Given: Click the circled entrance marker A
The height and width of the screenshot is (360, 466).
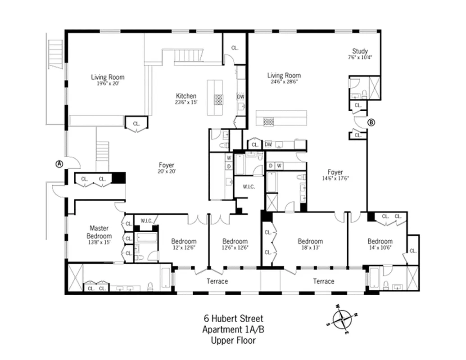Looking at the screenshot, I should [x=59, y=164].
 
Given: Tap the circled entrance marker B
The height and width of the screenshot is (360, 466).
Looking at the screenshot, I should [x=371, y=122].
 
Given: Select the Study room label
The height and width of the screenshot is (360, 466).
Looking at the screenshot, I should [x=360, y=51].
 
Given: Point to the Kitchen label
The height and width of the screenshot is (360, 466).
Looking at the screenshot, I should [x=186, y=96].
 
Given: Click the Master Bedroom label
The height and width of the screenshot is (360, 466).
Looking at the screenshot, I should [x=99, y=232].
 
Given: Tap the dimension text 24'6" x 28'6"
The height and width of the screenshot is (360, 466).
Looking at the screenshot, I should [x=284, y=82].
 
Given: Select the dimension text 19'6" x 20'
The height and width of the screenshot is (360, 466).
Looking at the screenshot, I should [x=108, y=84].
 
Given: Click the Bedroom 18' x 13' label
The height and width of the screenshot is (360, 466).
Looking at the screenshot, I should [x=310, y=241].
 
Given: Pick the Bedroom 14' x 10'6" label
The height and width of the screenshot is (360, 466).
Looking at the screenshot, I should [x=380, y=241].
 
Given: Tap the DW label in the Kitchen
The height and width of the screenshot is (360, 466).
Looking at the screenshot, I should [x=240, y=96].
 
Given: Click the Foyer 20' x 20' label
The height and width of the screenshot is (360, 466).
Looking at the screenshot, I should [x=166, y=165].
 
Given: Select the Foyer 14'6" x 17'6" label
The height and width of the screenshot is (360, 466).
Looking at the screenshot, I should [x=335, y=172].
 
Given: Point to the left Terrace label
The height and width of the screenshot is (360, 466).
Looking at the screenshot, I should [x=217, y=281].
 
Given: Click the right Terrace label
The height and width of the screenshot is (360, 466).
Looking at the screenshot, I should [x=324, y=281].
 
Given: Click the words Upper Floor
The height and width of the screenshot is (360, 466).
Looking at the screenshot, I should [x=233, y=340].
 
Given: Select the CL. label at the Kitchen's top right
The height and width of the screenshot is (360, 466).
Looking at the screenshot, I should [x=235, y=48].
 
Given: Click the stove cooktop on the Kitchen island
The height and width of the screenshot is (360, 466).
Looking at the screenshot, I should [x=218, y=99].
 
